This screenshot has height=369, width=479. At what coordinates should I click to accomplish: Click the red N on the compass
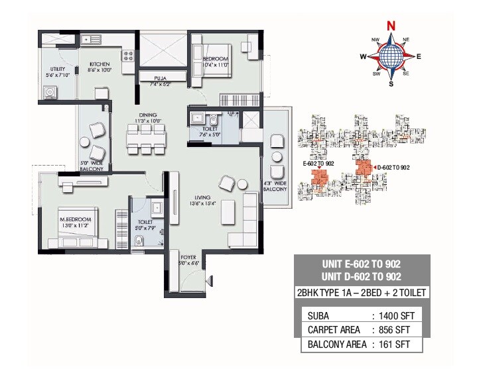(x=391, y=26)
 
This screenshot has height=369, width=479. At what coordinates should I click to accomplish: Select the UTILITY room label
(x=57, y=70)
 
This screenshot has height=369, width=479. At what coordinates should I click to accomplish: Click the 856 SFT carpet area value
(x=392, y=329)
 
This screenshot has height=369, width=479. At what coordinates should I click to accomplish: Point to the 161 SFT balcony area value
(x=392, y=344)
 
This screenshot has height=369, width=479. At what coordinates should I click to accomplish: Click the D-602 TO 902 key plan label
(x=393, y=167)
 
